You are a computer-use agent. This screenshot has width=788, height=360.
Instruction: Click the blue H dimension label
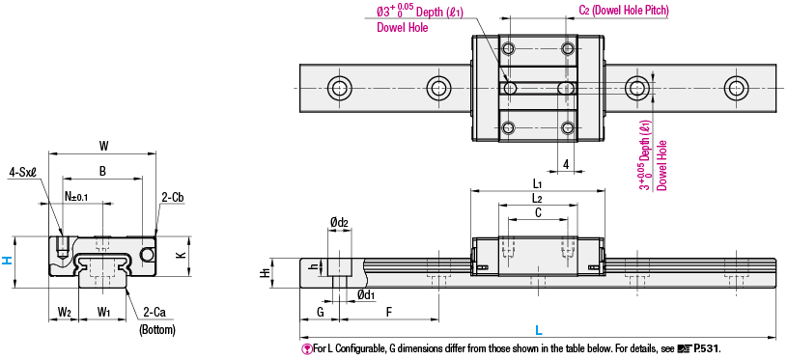pyautogui.click(x=8, y=259)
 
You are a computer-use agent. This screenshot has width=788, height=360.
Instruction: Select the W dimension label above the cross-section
pyautogui.click(x=102, y=146)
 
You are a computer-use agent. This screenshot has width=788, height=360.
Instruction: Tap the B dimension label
pyautogui.click(x=101, y=171)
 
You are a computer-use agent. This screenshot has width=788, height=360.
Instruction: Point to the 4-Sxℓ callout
pyautogui.click(x=22, y=172)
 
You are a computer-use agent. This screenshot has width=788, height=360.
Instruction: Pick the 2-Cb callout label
pyautogui.click(x=173, y=197)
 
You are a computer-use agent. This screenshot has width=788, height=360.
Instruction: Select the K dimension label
pyautogui.click(x=180, y=255)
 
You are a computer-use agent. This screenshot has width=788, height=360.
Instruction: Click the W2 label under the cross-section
pyautogui.click(x=64, y=312)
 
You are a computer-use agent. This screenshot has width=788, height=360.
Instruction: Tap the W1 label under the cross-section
pyautogui.click(x=104, y=312)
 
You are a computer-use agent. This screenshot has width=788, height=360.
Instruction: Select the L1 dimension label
pyautogui.click(x=537, y=183)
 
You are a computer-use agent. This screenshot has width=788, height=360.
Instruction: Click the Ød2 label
pyautogui.click(x=338, y=223)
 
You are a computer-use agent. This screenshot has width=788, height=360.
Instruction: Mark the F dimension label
pyautogui.click(x=388, y=312)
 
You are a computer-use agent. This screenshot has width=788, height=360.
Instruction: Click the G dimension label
pyautogui.click(x=319, y=312)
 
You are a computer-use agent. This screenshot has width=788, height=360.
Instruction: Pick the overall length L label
pyautogui.click(x=537, y=329)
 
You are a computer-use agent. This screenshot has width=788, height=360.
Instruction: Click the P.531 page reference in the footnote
pyautogui.click(x=706, y=348)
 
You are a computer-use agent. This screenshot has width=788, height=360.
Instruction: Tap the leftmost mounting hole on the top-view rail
pyautogui.click(x=339, y=88)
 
